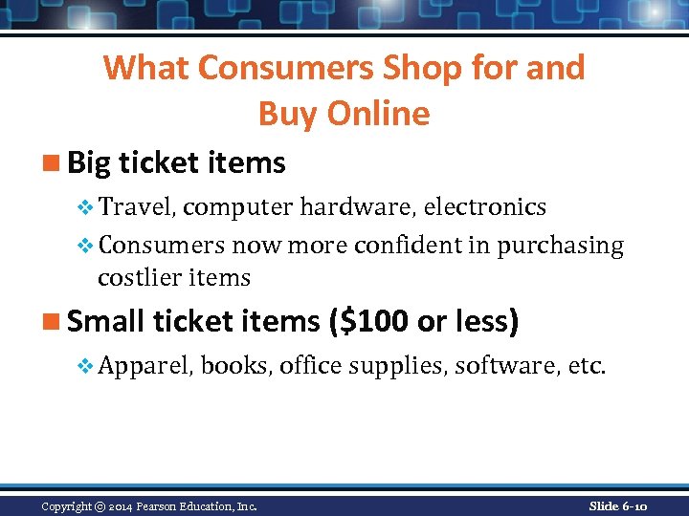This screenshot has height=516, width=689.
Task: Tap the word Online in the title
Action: coord(379,114)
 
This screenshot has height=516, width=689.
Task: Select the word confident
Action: coord(408,246)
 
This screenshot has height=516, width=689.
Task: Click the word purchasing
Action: coord(561,246)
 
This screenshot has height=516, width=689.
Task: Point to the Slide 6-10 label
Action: coord(618,505)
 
